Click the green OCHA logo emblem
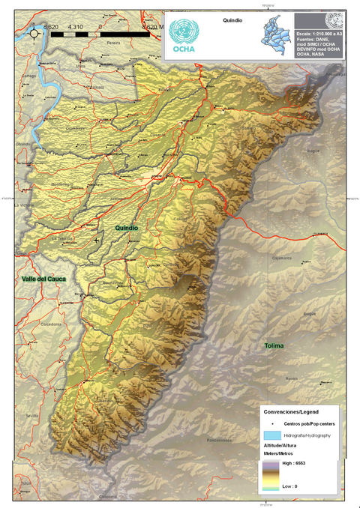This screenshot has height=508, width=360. pos(184,31)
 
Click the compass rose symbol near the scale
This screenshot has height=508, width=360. pos(34,31)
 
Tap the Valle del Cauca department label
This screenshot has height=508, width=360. pos(44,279)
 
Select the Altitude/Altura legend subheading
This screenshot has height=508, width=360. pos(283,446)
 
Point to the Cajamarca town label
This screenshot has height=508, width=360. pos(281,256)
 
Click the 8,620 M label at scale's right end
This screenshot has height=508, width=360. pos(148,27)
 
